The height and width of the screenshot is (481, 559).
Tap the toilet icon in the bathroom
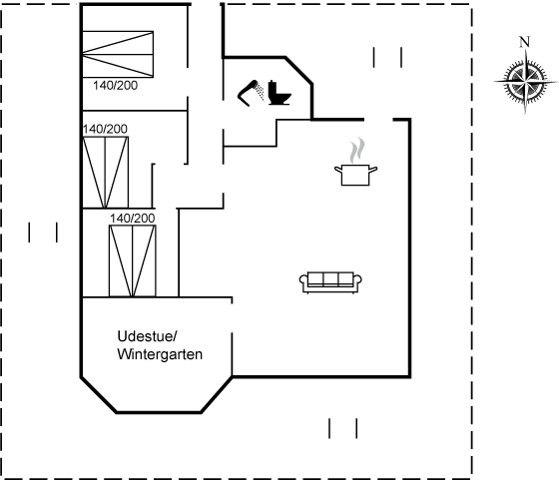click(x=279, y=94)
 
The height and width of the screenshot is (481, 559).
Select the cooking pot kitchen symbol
click(x=355, y=175)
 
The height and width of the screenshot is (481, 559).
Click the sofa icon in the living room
click(x=330, y=282)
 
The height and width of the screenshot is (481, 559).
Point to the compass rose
click(x=525, y=81)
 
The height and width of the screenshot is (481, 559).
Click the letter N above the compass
click(x=524, y=42)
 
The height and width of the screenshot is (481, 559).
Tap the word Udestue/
click(x=148, y=336)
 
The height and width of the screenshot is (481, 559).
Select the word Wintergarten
click(x=160, y=354)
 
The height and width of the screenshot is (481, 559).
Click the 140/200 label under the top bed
click(x=115, y=86)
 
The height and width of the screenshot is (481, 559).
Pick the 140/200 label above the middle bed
click(x=105, y=129)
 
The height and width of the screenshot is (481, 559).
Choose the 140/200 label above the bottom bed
click(x=132, y=219)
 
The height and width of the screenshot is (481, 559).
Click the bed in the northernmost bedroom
click(x=118, y=54)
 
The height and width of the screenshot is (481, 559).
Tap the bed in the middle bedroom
click(x=106, y=172)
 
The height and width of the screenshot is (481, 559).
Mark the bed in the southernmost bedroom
click(x=132, y=260)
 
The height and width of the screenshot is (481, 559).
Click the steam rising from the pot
click(x=357, y=151)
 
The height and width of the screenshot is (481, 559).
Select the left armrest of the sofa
click(x=303, y=280)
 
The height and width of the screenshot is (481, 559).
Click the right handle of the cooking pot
click(x=373, y=170)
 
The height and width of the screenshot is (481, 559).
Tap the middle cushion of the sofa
click(x=330, y=279)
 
